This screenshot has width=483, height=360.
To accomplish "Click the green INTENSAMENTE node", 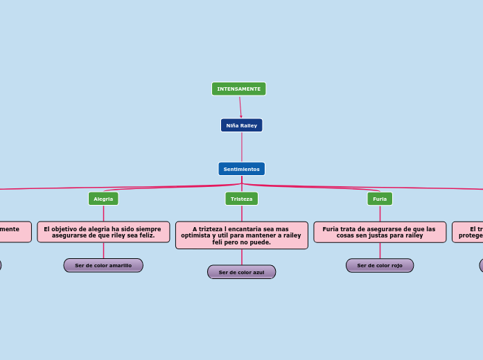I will coord(238,89).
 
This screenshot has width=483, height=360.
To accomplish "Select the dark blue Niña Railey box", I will coord(241,125).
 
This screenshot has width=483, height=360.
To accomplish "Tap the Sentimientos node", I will coord(241,169).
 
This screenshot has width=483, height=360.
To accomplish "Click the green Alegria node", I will coord(103,199).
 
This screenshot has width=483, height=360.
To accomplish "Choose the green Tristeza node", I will coord(241,199).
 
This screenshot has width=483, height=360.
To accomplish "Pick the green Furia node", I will coord(380,199).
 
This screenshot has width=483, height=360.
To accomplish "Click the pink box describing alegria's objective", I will coord(103,232).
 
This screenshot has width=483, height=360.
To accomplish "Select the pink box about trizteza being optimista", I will coord(241,235).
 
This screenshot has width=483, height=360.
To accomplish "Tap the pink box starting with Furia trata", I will coord(380,232).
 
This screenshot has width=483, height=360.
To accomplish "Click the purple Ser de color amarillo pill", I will coord(103,265).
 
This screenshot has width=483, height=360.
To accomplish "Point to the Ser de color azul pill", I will coord(241,272).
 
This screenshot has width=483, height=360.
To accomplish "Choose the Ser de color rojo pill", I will coord(380,265).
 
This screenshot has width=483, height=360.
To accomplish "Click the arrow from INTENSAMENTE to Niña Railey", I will coord(240,107).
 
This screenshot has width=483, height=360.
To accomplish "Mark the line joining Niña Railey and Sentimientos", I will coord(242,147).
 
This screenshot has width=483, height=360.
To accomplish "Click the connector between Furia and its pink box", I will coord(380,213).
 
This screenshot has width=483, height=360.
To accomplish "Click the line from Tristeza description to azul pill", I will coord(242,257).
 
